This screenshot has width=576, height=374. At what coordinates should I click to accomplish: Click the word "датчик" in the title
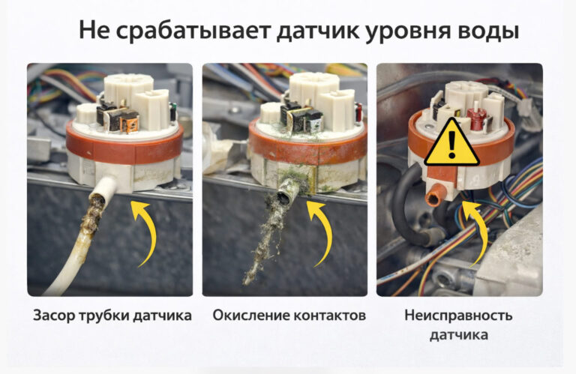click(318, 30)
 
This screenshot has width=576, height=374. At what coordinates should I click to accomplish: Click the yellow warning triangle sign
click(451, 144)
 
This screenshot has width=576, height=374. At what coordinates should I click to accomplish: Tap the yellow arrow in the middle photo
click(322, 234)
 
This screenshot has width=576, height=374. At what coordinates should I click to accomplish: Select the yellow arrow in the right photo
click(477, 232)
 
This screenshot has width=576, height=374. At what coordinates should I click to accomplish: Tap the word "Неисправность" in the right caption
click(458, 316)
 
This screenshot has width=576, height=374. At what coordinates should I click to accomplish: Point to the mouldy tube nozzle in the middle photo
click(286, 196)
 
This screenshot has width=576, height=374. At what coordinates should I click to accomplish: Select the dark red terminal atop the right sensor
click(474, 118)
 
